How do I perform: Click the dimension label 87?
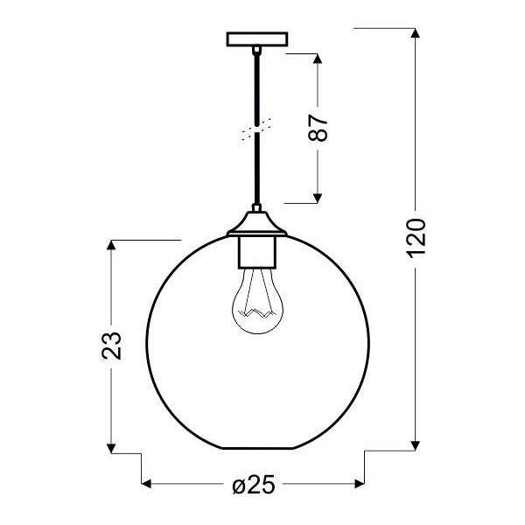pyautogui.click(x=320, y=128)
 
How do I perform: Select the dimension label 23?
pyautogui.click(x=111, y=345)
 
